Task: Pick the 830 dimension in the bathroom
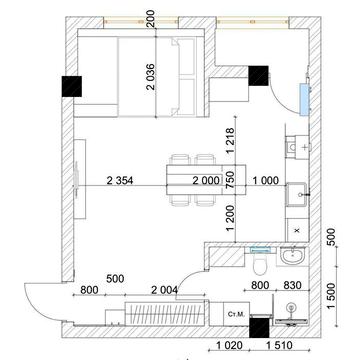tap(292, 284)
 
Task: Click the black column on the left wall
tap(72, 87)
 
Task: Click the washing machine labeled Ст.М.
tap(236, 315)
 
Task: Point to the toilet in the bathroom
tap(258, 266)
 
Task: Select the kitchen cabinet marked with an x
tap(297, 227)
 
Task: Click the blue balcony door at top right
tap(301, 96)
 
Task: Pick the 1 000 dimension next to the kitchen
tap(265, 181)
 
